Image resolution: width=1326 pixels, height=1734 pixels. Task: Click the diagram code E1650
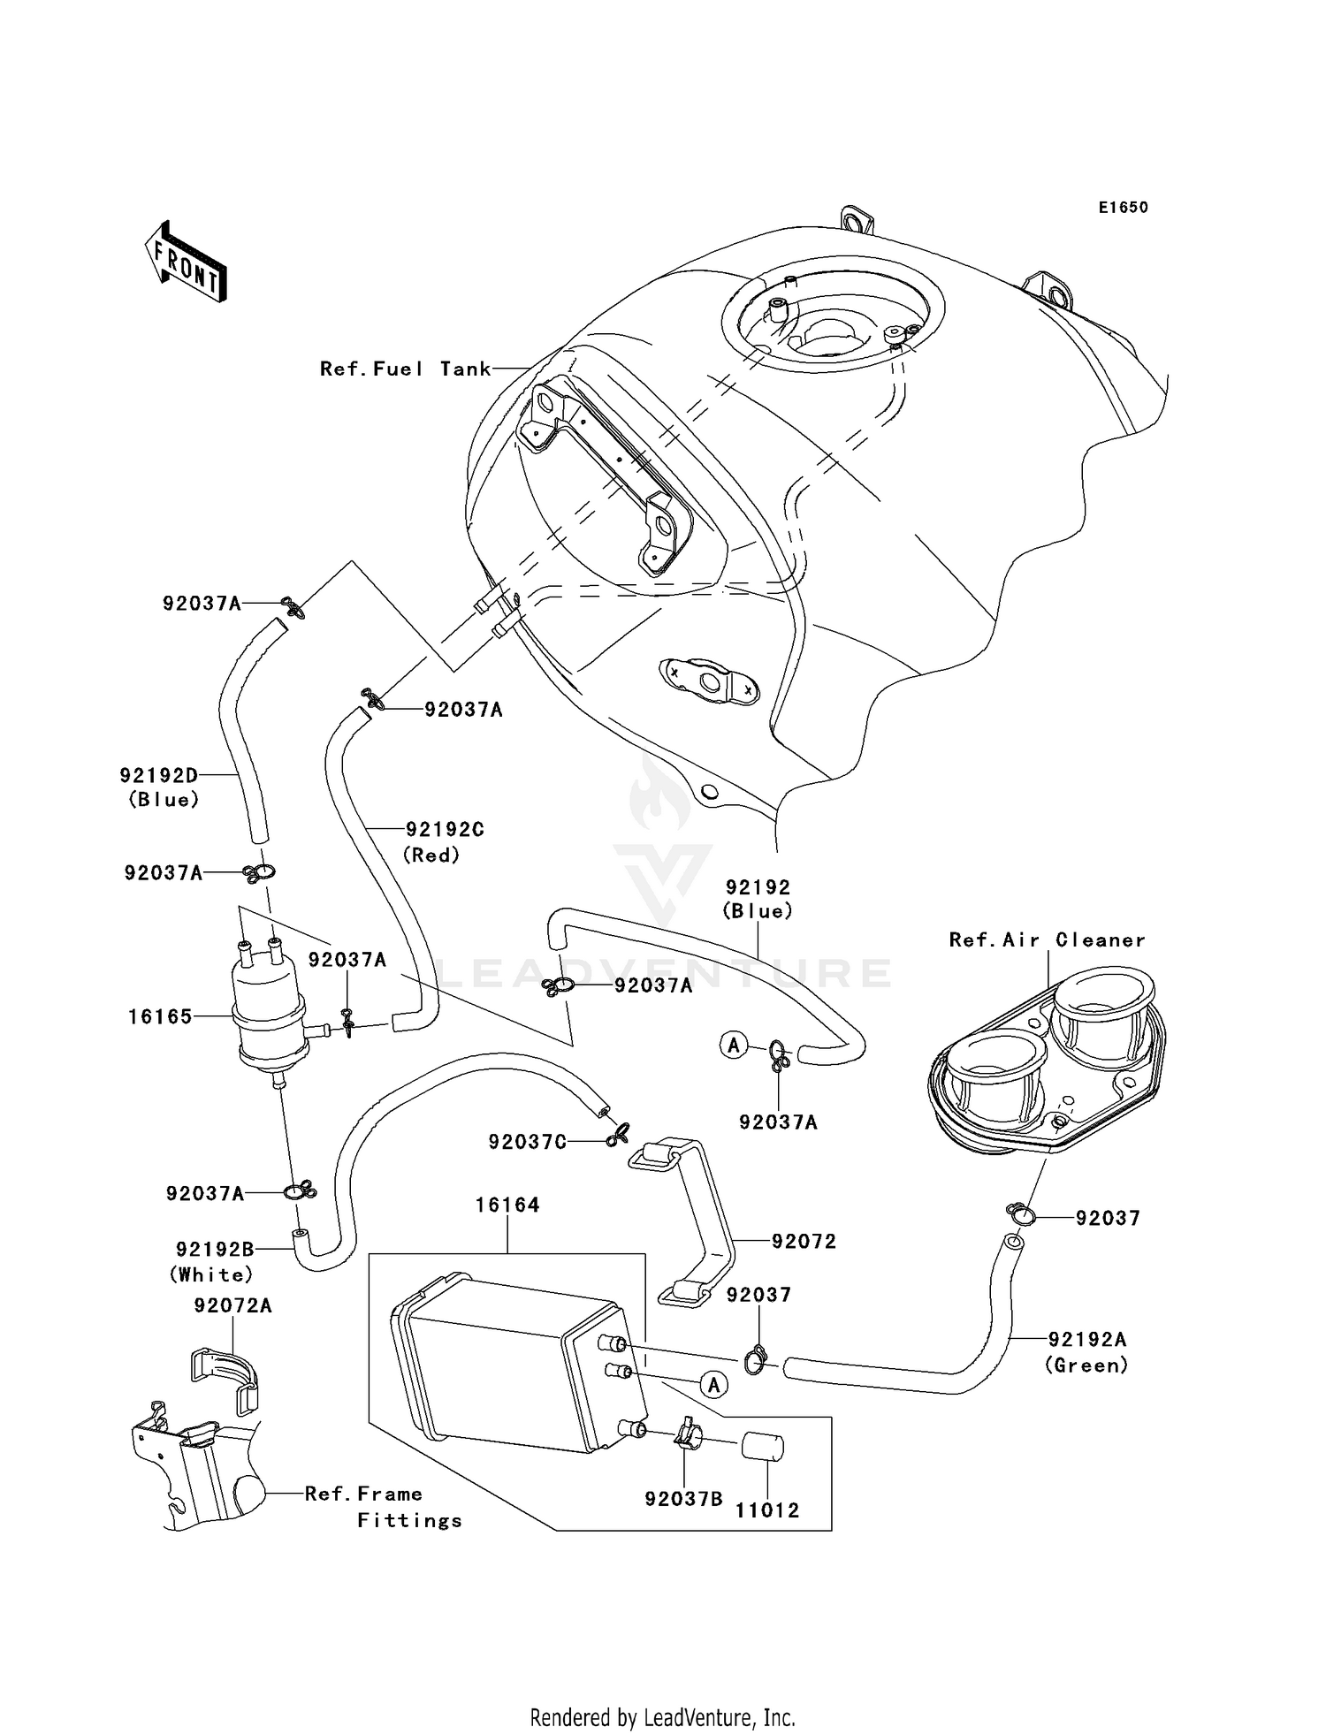(1123, 208)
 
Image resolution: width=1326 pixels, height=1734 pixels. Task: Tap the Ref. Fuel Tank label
(405, 369)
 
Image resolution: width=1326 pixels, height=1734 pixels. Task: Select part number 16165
(160, 1016)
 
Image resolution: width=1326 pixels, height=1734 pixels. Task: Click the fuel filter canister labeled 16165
(269, 1014)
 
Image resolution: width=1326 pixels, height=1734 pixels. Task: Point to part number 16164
(507, 1205)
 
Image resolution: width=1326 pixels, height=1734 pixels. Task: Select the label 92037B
(683, 1499)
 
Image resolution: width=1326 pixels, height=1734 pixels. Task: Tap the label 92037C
(528, 1142)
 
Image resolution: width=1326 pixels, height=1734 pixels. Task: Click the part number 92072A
(233, 1304)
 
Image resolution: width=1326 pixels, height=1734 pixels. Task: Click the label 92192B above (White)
(215, 1249)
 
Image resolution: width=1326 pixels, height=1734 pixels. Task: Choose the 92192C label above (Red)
(445, 829)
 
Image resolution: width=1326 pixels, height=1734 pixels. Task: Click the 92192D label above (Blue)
(159, 775)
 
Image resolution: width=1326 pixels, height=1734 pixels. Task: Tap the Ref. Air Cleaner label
(1047, 939)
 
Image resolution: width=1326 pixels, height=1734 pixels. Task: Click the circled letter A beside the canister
(713, 1385)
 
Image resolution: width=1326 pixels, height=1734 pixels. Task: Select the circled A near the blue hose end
(733, 1046)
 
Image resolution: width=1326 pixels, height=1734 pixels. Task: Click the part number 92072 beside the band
(804, 1241)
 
